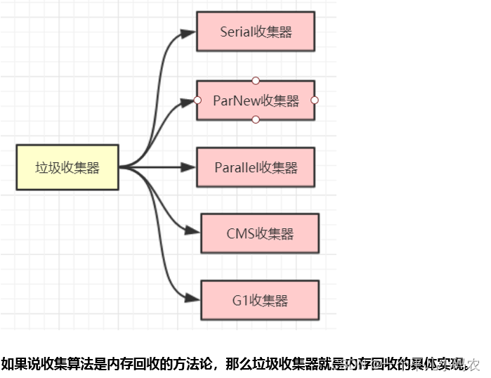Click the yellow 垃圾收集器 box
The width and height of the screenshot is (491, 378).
point(67,167)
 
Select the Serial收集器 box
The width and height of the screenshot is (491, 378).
point(256,32)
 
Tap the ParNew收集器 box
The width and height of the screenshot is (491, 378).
point(256,100)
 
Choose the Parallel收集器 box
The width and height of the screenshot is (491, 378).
point(256,167)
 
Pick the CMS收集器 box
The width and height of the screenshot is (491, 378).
point(260,233)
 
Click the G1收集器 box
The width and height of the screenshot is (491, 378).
point(260,301)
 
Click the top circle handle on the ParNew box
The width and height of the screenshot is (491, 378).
point(256,80)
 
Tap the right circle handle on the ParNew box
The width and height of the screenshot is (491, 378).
point(315,100)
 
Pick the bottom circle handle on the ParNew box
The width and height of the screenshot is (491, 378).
point(256,120)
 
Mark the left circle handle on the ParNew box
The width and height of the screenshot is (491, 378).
point(197,100)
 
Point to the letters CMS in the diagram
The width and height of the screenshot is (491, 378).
point(240,233)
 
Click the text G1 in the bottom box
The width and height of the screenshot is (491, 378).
point(241,301)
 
